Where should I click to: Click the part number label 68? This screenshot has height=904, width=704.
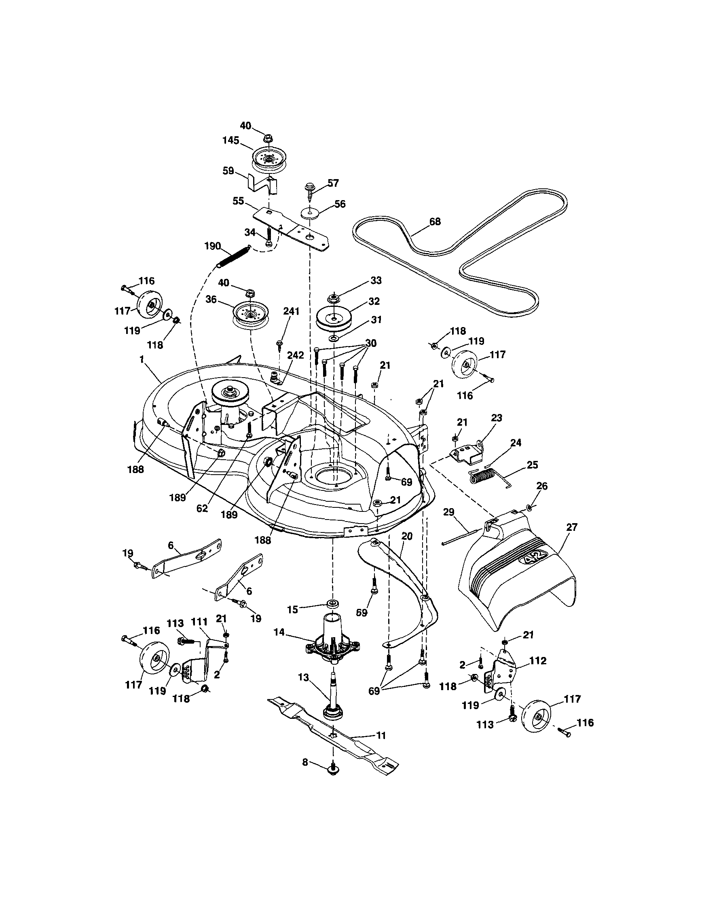click(435, 222)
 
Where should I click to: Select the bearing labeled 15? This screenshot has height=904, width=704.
click(332, 603)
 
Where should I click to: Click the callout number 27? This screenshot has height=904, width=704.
click(573, 527)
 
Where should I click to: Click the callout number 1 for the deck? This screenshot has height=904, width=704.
click(142, 360)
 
